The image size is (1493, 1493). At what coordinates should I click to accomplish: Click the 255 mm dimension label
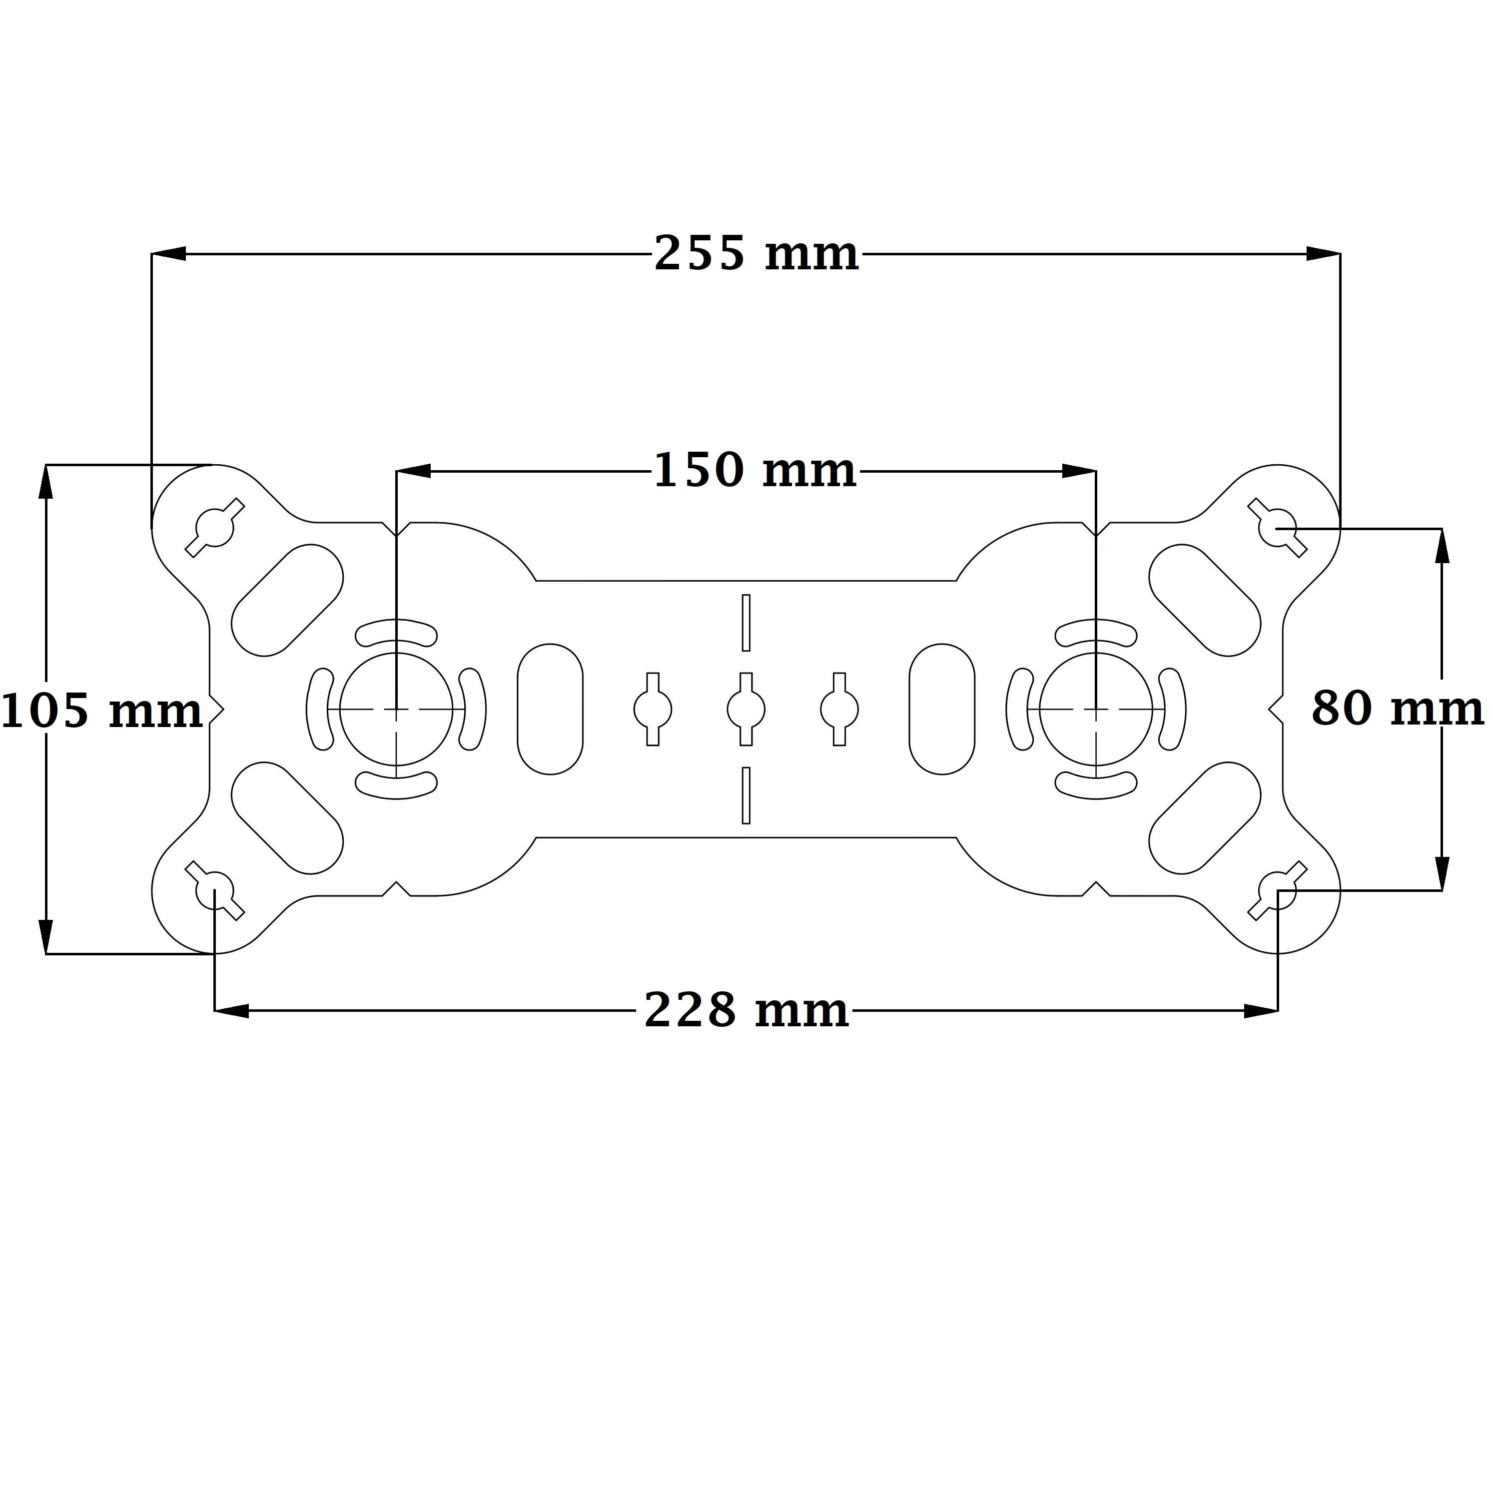(x=756, y=253)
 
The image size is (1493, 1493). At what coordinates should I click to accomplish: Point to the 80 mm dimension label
(x=1397, y=709)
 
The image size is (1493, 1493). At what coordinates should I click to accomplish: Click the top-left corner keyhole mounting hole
(x=215, y=528)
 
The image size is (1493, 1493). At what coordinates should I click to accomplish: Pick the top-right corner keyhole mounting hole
(x=1278, y=528)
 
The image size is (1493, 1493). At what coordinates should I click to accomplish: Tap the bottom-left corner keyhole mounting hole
(x=215, y=891)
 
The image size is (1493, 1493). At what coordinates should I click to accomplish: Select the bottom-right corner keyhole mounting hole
(x=1278, y=891)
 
